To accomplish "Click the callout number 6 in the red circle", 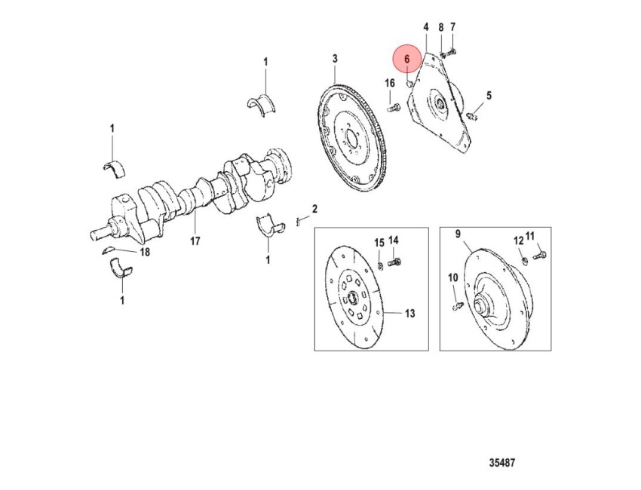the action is [x=406, y=60].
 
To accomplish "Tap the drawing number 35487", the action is [x=502, y=463].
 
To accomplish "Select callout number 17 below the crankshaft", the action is [x=195, y=241].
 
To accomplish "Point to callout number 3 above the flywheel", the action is [x=335, y=59].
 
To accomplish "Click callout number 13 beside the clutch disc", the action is [x=409, y=314].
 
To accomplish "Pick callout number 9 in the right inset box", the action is [x=458, y=234].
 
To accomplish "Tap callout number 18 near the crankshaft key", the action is [x=145, y=252].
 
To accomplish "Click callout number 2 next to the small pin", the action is [x=314, y=210].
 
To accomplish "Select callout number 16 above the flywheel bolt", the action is [x=390, y=84].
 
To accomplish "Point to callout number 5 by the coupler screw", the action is [x=489, y=96].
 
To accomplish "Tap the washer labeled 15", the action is [x=380, y=266].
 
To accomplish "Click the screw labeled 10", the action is [x=458, y=305].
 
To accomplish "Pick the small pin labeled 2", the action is [x=298, y=222].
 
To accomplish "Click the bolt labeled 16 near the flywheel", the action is [x=393, y=109].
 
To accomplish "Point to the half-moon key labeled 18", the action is [x=108, y=250].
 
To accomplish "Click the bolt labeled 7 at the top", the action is [x=452, y=52].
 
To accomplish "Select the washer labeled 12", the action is [x=526, y=259].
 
